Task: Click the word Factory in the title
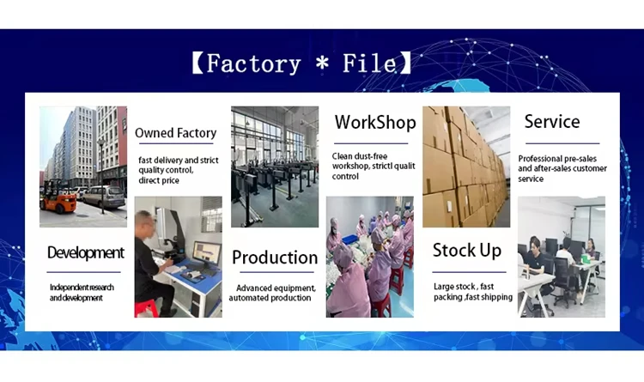pyautogui.click(x=253, y=64)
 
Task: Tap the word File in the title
pyautogui.click(x=369, y=63)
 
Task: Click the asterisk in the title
pyautogui.click(x=322, y=63)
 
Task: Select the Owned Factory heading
pyautogui.click(x=175, y=133)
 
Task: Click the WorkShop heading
pyautogui.click(x=375, y=122)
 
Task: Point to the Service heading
pyautogui.click(x=552, y=121)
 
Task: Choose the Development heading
pyautogui.click(x=85, y=252)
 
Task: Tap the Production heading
pyautogui.click(x=275, y=258)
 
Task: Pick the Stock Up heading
pyautogui.click(x=467, y=250)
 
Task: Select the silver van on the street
pyautogui.click(x=104, y=196)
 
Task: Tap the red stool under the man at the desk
pyautogui.click(x=146, y=307)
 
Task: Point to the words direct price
pyautogui.click(x=159, y=180)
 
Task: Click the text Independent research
pyautogui.click(x=82, y=288)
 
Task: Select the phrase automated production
pyautogui.click(x=270, y=298)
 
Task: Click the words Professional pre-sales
pyautogui.click(x=557, y=159)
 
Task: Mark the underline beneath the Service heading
pyautogui.click(x=562, y=143)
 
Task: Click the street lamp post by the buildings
pyautogui.click(x=101, y=176)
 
